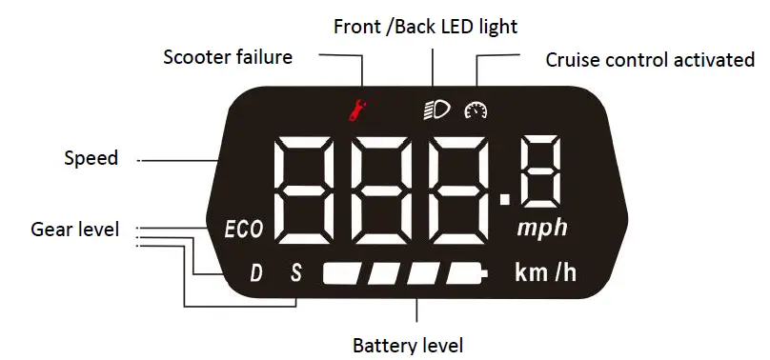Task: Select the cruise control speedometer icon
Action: point(475,110)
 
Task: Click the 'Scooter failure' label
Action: point(228,57)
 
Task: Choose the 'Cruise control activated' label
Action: point(650,60)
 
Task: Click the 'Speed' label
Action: point(91,158)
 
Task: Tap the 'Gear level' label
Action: point(75,230)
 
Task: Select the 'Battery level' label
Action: point(407,345)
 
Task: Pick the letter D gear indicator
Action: point(255,274)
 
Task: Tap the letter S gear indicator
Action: point(295,274)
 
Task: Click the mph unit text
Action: point(542,229)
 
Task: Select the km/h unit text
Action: point(545,273)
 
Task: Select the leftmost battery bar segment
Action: point(342,274)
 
